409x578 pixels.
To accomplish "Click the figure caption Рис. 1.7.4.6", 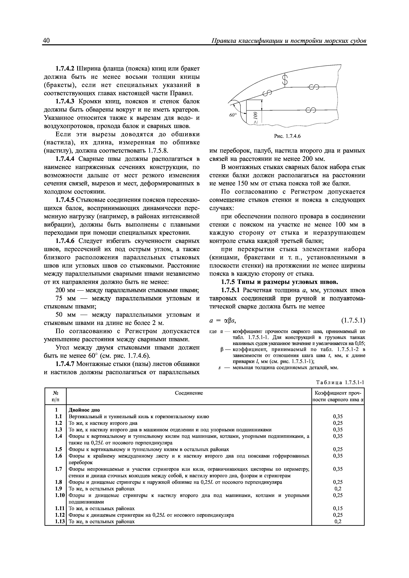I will (x=287, y=137).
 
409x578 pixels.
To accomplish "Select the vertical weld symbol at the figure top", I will (x=285, y=80).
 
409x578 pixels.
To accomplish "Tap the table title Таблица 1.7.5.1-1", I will (x=340, y=382).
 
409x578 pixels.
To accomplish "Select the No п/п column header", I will (x=55, y=396).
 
